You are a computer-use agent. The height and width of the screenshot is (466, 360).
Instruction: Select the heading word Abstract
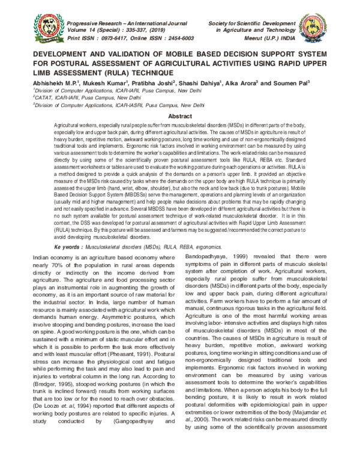[x=179, y=115]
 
